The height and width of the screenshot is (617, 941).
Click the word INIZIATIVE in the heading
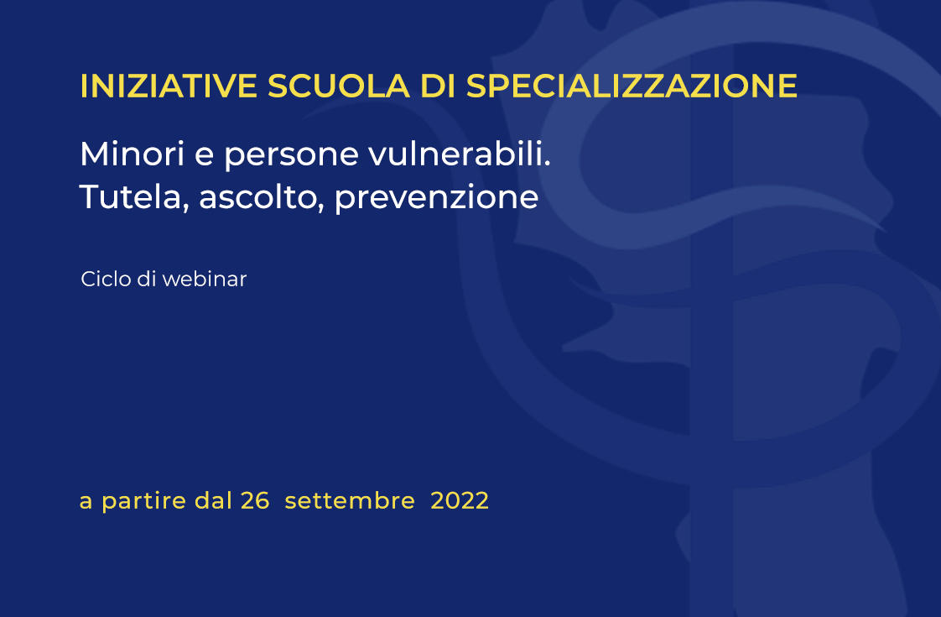pyautogui.click(x=169, y=86)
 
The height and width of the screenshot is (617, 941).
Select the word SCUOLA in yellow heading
pyautogui.click(x=339, y=86)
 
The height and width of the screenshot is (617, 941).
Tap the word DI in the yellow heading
pyautogui.click(x=438, y=86)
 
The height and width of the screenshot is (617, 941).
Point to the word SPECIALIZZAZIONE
pyautogui.click(x=632, y=86)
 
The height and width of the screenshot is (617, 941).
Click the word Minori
pyautogui.click(x=132, y=154)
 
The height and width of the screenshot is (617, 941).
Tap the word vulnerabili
pyautogui.click(x=459, y=154)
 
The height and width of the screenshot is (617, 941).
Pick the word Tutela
pyautogui.click(x=134, y=197)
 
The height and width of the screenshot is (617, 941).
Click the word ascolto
pyautogui.click(x=262, y=197)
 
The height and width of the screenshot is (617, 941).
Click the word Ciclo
pyautogui.click(x=106, y=279)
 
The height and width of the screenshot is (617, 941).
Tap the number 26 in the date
pyautogui.click(x=255, y=501)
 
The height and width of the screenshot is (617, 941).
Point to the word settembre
pyautogui.click(x=350, y=501)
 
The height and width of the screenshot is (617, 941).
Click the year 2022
pyautogui.click(x=460, y=501)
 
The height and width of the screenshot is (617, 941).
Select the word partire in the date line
pyautogui.click(x=144, y=502)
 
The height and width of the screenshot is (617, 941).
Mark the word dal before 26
pyautogui.click(x=213, y=501)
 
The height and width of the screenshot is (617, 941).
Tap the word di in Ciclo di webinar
pyautogui.click(x=146, y=279)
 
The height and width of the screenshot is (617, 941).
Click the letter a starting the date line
pyautogui.click(x=86, y=504)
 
